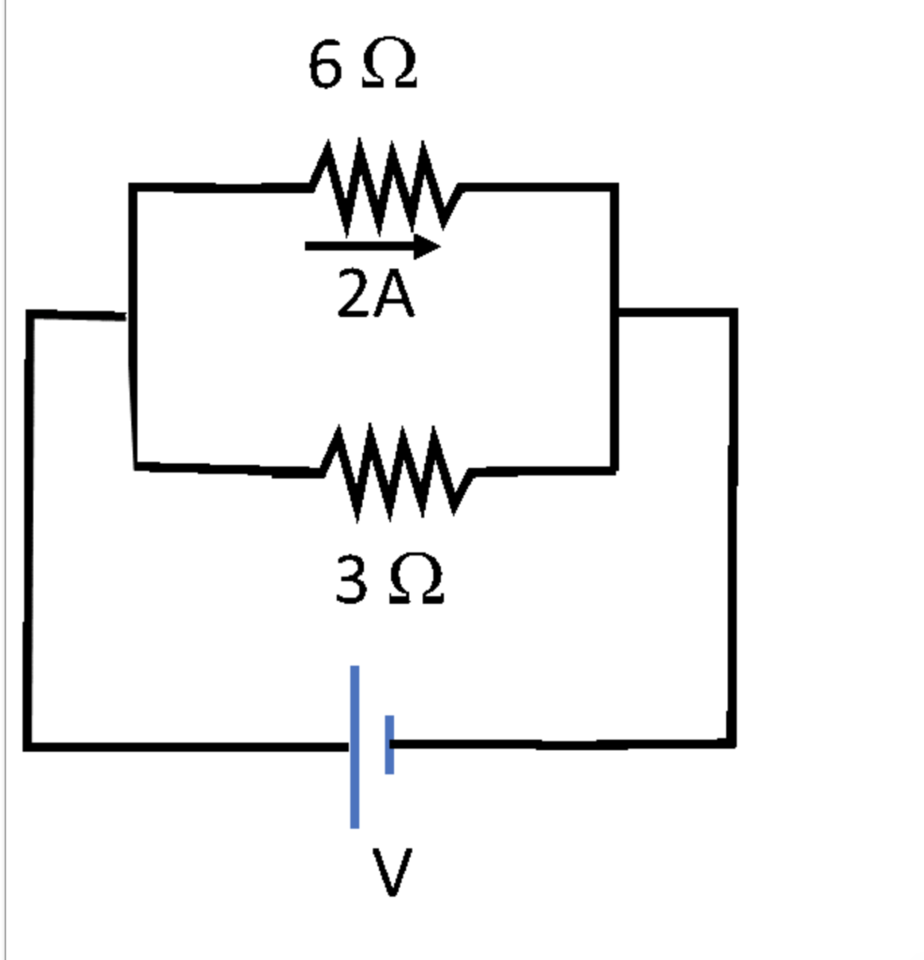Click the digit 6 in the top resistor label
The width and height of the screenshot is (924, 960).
(325, 67)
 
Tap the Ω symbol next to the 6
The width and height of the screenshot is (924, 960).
(388, 67)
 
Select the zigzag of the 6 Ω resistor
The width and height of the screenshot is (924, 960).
(385, 187)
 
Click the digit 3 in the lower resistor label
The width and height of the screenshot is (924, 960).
(352, 580)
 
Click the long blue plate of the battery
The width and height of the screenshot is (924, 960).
(355, 746)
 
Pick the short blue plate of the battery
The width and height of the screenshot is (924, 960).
(389, 744)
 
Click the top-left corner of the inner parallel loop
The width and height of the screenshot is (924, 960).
(133, 188)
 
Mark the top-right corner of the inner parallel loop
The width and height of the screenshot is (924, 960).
(614, 187)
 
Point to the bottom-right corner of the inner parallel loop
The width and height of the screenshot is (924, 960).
(614, 469)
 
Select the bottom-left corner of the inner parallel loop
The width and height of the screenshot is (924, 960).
(136, 464)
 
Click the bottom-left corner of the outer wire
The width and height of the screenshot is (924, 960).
(28, 746)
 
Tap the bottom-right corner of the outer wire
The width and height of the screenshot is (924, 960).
(733, 743)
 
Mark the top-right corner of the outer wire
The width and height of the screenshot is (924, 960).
(734, 312)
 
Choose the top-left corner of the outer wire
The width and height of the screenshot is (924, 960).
(31, 314)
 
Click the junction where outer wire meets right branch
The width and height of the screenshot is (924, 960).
(615, 311)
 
